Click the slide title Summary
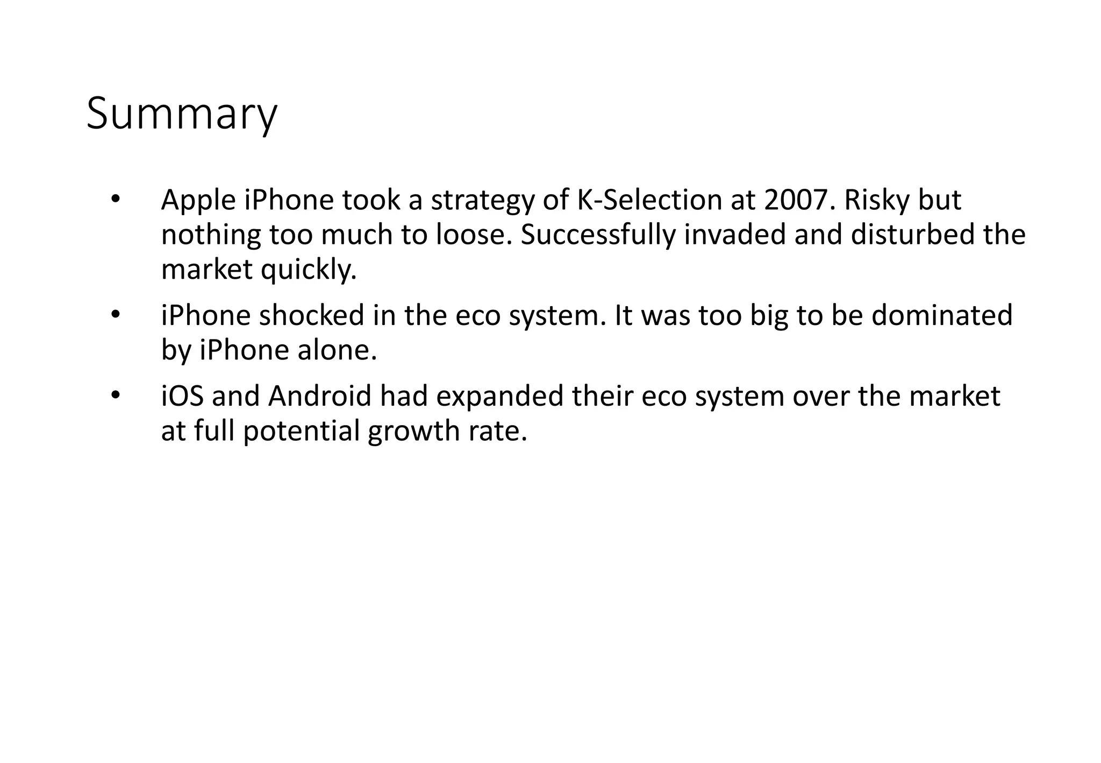coord(182,114)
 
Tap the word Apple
coord(198,201)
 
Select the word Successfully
coord(597,235)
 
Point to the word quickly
coord(309,270)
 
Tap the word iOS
coord(182,397)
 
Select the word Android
coord(319,397)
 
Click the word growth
coord(410,432)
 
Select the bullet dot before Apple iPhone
coord(114,200)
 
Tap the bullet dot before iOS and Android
coord(114,395)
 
